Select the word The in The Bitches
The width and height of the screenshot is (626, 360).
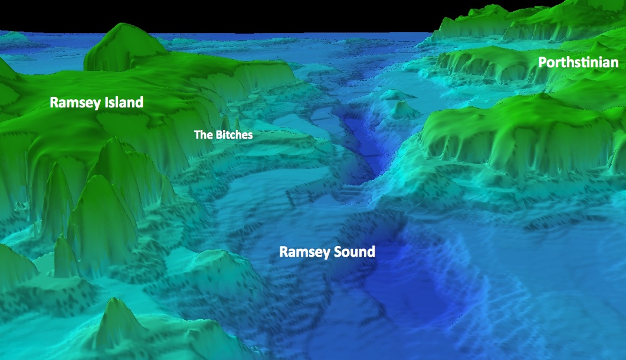coord(203,135)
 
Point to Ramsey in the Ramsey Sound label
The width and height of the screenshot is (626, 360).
coord(303,252)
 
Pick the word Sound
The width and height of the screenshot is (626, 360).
coord(353,252)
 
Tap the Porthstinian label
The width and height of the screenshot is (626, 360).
coord(578,63)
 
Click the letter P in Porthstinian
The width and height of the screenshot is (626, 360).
coord(542,63)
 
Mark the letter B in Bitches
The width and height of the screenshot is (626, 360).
coord(218,135)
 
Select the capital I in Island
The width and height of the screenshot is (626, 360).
coord(105,103)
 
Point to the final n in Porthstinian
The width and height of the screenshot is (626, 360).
coord(615,63)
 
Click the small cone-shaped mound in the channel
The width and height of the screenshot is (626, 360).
coord(403,109)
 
